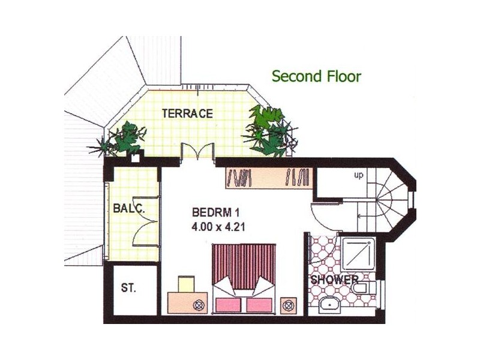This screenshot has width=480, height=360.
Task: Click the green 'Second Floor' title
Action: coord(317,76)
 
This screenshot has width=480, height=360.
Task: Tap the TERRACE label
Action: coord(187,113)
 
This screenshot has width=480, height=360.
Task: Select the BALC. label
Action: coord(128,208)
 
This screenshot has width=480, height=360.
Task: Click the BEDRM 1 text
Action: coord(215,212)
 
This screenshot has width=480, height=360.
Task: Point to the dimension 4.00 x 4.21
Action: coord(218,227)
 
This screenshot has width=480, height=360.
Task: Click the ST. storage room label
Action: coord(128,288)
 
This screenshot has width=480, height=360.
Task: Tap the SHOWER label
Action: coord(334,280)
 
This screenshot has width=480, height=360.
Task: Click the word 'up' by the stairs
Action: coord(358,175)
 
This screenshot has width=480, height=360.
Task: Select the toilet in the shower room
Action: coord(364,288)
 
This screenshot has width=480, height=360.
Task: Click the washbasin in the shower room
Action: coord(329,305)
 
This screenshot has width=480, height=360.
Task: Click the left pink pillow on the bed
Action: coord(227,305)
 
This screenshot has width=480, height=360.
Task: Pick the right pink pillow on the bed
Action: coord(259,305)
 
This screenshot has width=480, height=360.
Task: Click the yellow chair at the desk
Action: coord(187,284)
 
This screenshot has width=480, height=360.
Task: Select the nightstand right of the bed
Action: coord(289,305)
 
